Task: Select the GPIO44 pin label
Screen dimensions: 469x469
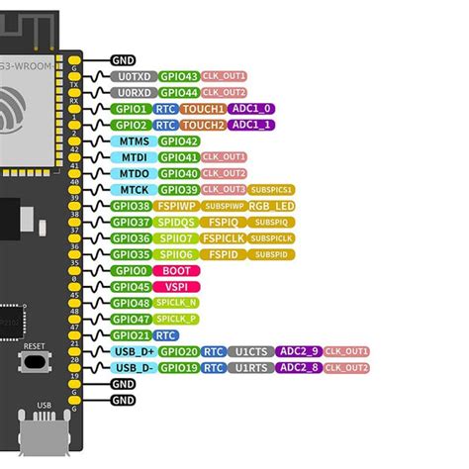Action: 178,92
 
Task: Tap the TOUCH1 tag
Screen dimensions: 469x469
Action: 205,109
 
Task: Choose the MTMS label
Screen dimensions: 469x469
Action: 133,141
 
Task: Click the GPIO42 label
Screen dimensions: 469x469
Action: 178,141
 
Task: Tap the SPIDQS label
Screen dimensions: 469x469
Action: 178,222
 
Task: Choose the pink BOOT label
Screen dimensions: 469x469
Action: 178,270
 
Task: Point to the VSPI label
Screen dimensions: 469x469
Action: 178,287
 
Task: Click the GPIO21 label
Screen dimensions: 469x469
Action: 133,334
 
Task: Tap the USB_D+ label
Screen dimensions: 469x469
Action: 133,351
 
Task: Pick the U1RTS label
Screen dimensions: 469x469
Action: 251,367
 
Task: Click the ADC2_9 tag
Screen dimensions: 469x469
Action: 300,351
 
